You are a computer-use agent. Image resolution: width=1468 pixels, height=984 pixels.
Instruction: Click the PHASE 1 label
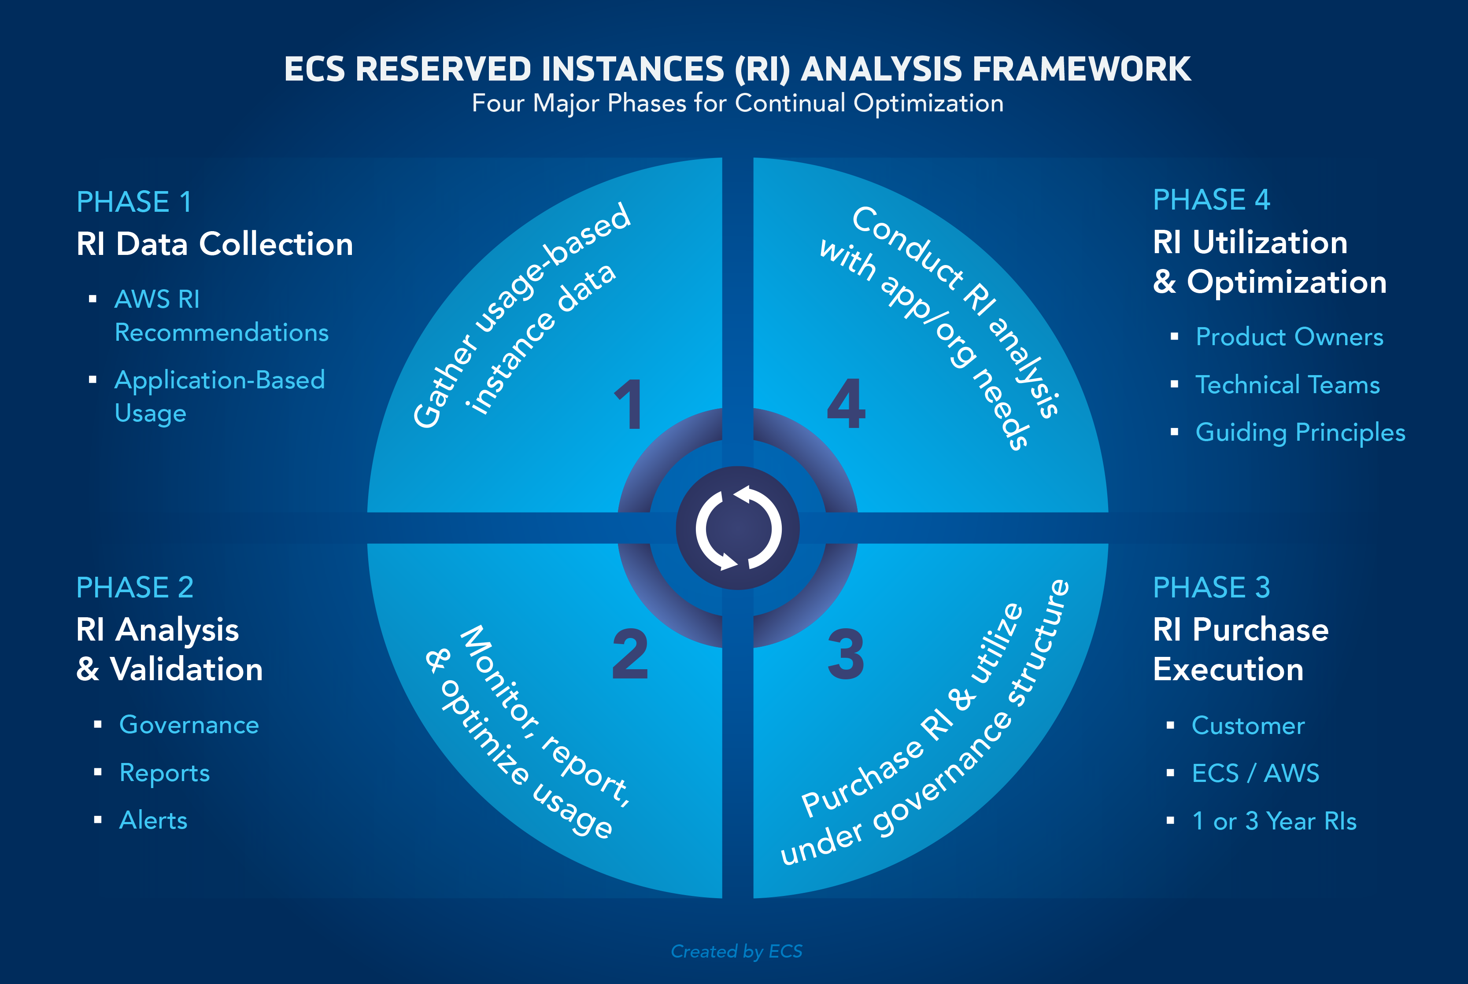(134, 202)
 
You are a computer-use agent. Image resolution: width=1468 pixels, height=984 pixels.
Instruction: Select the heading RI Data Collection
(214, 243)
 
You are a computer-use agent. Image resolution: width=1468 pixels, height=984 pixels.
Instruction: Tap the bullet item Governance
(189, 725)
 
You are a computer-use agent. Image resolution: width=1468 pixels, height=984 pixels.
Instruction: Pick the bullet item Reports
(164, 773)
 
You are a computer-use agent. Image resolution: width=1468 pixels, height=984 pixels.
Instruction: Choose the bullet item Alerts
(153, 820)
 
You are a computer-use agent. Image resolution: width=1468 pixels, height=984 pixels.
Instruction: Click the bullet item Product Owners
(1289, 337)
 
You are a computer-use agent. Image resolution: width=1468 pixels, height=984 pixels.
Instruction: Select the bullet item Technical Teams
(1287, 385)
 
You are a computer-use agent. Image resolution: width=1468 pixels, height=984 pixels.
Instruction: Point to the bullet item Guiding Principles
(1300, 432)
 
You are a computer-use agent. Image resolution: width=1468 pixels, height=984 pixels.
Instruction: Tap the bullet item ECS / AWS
(1255, 773)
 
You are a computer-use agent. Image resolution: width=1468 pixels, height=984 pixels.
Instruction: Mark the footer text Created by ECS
(736, 951)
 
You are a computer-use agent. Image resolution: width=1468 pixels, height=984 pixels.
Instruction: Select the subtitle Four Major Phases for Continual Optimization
(737, 103)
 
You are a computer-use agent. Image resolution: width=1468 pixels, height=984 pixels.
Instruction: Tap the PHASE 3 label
(1211, 587)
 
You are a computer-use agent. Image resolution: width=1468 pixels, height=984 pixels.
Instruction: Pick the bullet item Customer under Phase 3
(1248, 726)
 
